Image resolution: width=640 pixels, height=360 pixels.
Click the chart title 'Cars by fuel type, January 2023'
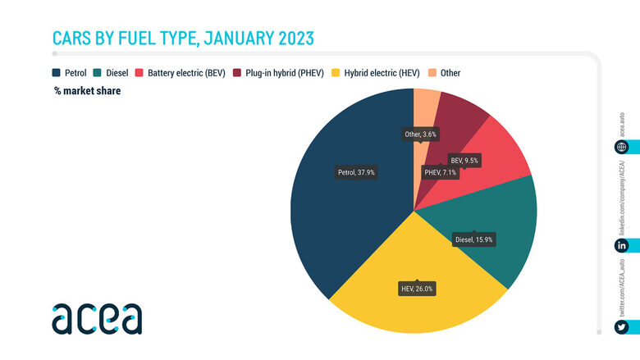point(183,38)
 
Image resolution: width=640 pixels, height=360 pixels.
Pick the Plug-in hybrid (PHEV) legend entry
point(283,73)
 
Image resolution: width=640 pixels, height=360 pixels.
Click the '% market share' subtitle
point(87,92)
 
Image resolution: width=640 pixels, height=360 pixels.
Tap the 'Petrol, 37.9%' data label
point(356,172)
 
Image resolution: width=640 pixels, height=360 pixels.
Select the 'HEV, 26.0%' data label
point(417,289)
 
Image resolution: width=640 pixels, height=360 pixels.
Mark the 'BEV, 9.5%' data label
point(464,161)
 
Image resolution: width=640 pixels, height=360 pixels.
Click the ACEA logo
point(97,318)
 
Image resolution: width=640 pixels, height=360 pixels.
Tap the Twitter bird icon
point(622,327)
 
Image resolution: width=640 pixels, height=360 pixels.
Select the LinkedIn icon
point(622,246)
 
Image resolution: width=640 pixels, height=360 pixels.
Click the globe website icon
point(622,148)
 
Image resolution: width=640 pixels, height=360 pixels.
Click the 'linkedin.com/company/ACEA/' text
point(622,197)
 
